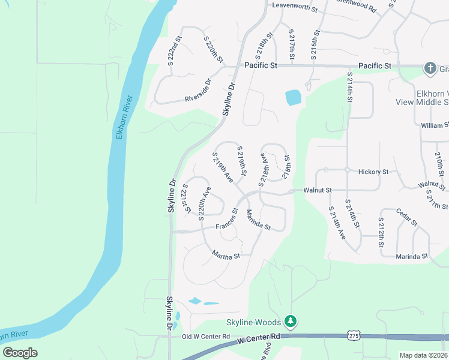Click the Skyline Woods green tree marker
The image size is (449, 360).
pyautogui.click(x=291, y=322)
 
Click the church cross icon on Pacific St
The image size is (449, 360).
pyautogui.click(x=430, y=68)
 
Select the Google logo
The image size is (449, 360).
pyautogui.click(x=20, y=353)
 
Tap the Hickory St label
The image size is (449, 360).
pyautogui.click(x=373, y=172)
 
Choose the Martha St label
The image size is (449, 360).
pyautogui.click(x=226, y=256)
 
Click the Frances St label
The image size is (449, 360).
pyautogui.click(x=228, y=220)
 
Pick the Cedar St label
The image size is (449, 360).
pyautogui.click(x=406, y=217)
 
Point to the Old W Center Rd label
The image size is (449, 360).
pyautogui.click(x=206, y=337)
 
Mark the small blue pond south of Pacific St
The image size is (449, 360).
pyautogui.click(x=292, y=97)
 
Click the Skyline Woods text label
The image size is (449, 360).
pyautogui.click(x=252, y=322)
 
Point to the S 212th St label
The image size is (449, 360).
pyautogui.click(x=381, y=233)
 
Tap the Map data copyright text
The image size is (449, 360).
pyautogui.click(x=423, y=355)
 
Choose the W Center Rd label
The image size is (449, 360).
pyautogui.click(x=259, y=340)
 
